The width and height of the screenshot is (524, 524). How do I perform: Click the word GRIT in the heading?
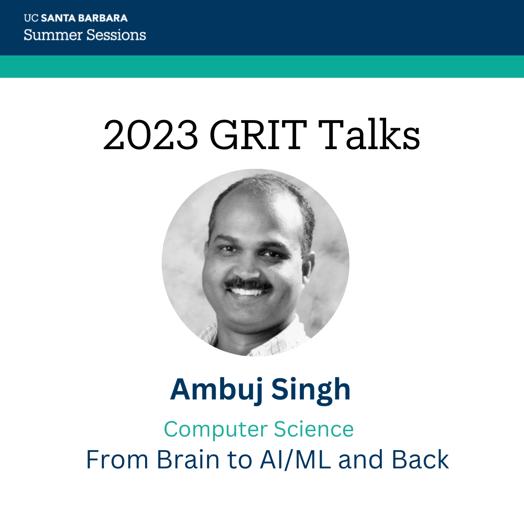[258, 135]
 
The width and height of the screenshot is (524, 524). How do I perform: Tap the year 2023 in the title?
[151, 135]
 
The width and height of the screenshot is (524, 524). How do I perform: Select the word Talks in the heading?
[368, 135]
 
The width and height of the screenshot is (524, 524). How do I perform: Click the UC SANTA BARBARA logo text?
[76, 18]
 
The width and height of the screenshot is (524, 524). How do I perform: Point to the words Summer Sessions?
[85, 35]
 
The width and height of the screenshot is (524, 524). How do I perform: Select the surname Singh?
[311, 389]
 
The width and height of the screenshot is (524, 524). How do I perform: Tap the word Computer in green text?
[216, 429]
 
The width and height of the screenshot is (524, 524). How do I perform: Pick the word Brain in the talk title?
[188, 460]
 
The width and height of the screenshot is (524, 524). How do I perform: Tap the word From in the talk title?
[117, 460]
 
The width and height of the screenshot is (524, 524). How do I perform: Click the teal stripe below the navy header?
[262, 67]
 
